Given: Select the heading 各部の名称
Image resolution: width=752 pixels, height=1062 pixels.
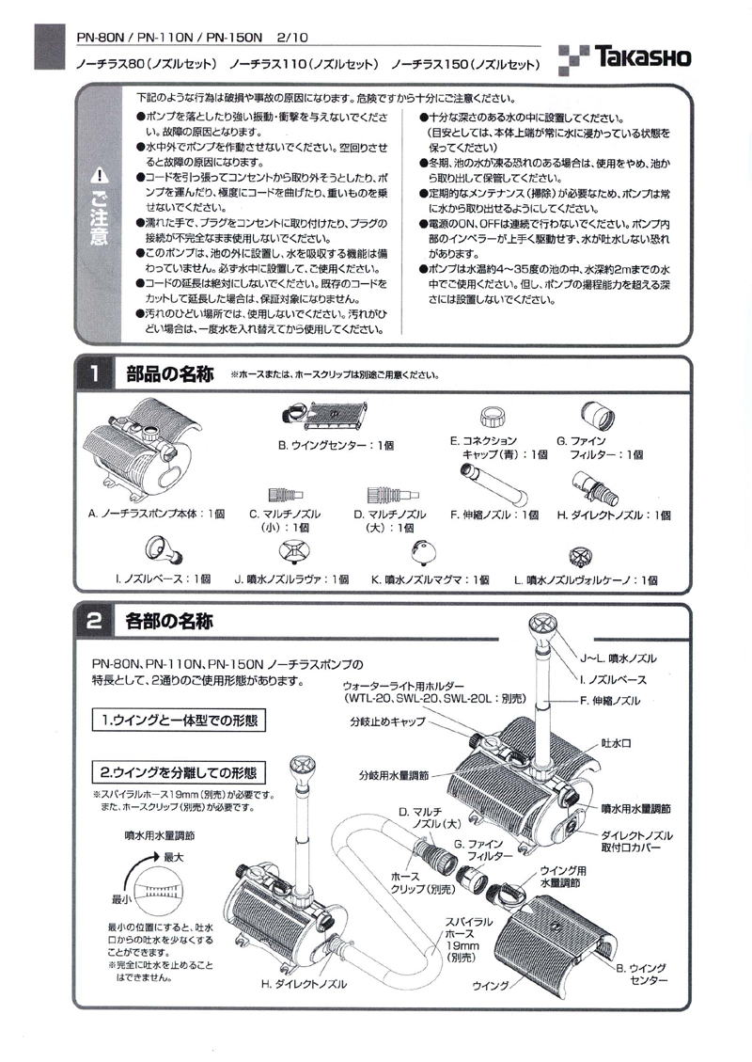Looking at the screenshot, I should pyautogui.click(x=168, y=621).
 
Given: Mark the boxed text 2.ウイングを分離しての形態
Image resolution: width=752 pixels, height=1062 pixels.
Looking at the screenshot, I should pyautogui.click(x=179, y=772).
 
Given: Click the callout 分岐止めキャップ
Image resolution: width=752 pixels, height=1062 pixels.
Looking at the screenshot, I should pyautogui.click(x=386, y=721).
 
